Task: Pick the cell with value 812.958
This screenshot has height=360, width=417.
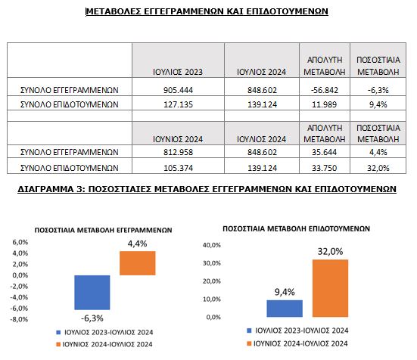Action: tap(178, 152)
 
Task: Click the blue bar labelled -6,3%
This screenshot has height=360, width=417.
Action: tap(92, 293)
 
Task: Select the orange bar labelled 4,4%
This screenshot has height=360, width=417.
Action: tap(138, 263)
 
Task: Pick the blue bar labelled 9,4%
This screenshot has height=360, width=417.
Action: tap(285, 309)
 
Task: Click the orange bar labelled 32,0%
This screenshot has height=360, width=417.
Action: tap(330, 288)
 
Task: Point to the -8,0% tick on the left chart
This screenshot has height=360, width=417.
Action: tap(19, 319)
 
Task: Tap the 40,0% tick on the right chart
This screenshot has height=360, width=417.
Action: tap(212, 245)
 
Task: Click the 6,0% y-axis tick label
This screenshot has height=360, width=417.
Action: tap(20, 242)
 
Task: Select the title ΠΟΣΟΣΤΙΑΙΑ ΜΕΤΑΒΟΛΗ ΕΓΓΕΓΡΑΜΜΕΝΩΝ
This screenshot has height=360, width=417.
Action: tap(103, 230)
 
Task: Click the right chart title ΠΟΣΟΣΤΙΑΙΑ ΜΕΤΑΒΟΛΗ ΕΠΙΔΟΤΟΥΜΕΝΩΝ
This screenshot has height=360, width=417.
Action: tap(296, 228)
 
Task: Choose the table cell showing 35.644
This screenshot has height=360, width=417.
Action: tap(325, 152)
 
